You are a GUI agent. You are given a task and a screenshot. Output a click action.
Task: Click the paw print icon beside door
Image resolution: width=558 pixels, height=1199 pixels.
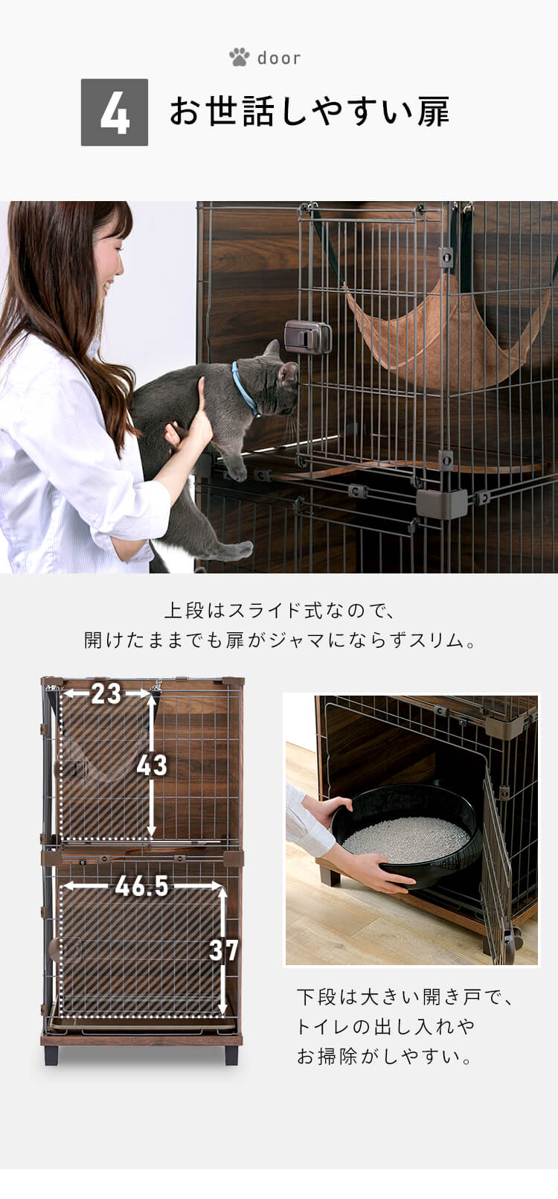pos(239,57)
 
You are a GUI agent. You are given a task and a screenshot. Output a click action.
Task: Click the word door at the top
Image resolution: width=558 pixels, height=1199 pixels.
pos(279,58)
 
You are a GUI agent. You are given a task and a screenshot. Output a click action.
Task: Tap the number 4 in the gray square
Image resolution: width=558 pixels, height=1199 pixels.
pos(115,112)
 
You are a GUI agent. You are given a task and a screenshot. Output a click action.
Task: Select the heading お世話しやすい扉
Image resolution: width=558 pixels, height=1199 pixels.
pos(309,112)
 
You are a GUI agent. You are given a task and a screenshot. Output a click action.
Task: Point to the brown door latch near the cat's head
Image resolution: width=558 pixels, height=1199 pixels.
pos(307,337)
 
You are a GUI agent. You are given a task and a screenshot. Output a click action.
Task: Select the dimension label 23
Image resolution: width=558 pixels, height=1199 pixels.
pos(106,694)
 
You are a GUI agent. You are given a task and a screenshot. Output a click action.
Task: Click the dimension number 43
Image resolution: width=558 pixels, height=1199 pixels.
pos(152,765)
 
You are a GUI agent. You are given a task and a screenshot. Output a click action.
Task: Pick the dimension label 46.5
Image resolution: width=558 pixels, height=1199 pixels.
pos(142,886)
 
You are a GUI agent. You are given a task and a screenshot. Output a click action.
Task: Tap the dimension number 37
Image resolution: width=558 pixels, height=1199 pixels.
pos(223,950)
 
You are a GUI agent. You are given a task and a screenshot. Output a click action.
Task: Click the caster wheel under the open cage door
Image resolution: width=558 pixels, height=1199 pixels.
pos(513,941)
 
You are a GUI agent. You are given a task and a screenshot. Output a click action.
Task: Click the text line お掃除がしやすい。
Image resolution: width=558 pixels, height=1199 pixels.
pos(385,1056)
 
